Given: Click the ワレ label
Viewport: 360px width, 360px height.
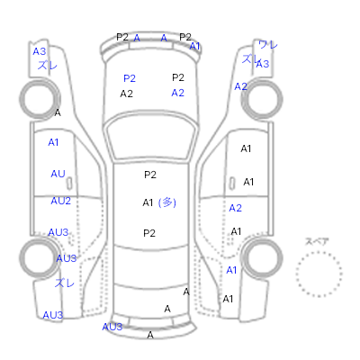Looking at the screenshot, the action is [x=268, y=45].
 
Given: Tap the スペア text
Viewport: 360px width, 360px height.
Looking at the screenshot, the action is [x=317, y=241].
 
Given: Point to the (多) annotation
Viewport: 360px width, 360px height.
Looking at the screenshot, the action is [x=167, y=202].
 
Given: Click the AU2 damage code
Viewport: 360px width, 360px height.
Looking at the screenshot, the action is [x=61, y=201].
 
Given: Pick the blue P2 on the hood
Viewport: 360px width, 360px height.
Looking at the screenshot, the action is [x=130, y=78].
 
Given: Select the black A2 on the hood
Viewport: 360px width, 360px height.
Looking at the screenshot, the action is [x=126, y=94].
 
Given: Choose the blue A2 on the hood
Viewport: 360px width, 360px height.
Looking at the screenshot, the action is [x=177, y=93].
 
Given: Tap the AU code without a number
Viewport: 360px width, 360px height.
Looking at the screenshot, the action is [x=58, y=174].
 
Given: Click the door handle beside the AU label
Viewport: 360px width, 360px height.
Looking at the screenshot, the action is [x=69, y=184].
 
